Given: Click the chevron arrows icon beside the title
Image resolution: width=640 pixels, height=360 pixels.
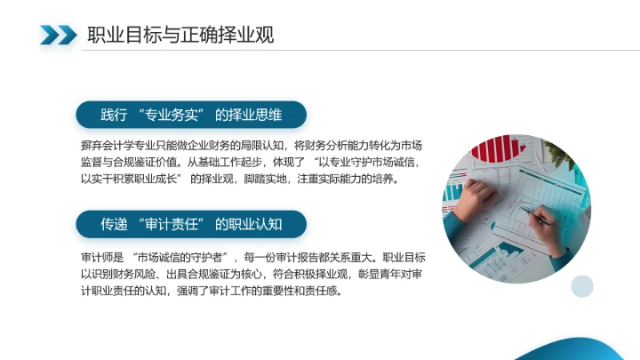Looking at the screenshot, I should pyautogui.click(x=59, y=36).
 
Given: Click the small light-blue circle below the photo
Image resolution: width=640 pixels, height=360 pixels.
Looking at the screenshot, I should pyautogui.click(x=581, y=285).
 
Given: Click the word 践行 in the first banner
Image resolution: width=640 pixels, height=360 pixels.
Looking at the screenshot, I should pyautogui.click(x=113, y=115).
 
